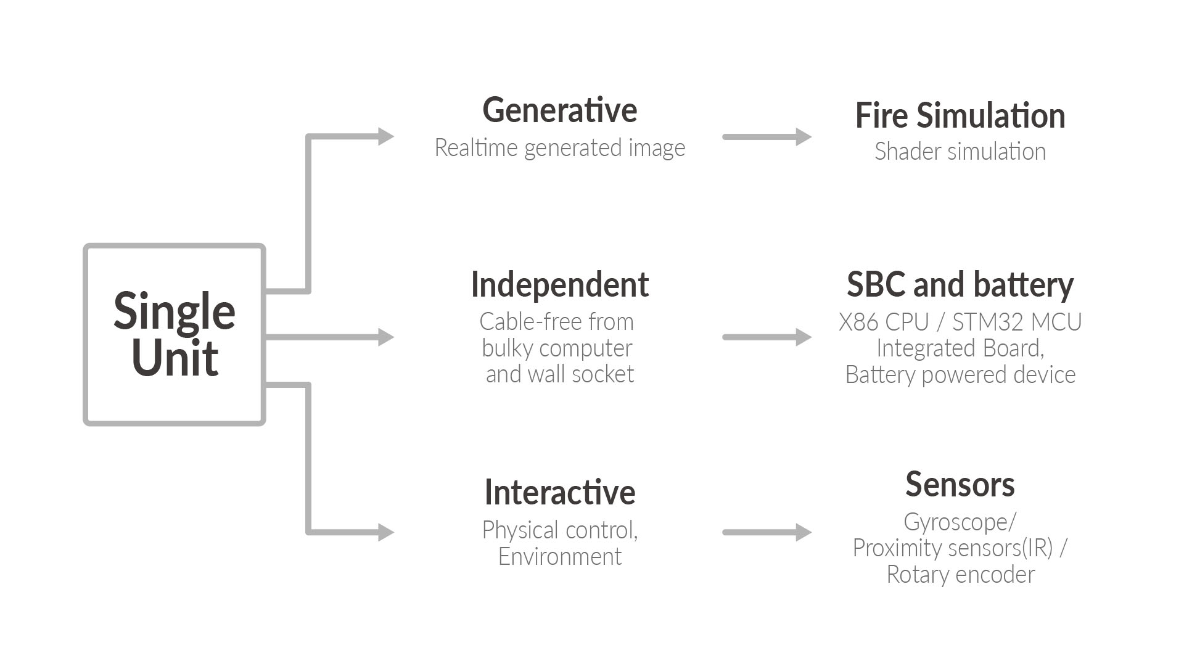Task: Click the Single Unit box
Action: pos(175,334)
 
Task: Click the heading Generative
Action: pos(559,110)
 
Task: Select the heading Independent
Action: pos(559,285)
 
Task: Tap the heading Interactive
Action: pos(559,492)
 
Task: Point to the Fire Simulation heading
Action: pos(960,116)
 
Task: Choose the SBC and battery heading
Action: pos(960,285)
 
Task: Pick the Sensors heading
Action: pos(960,485)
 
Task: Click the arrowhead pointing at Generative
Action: pos(385,136)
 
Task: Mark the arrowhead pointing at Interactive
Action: pos(385,532)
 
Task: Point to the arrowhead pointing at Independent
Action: pos(385,337)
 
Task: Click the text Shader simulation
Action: pos(960,152)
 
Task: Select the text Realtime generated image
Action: pos(559,148)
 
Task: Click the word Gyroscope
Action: pos(956,522)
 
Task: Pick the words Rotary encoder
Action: pos(960,575)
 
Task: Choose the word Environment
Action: pos(559,557)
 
